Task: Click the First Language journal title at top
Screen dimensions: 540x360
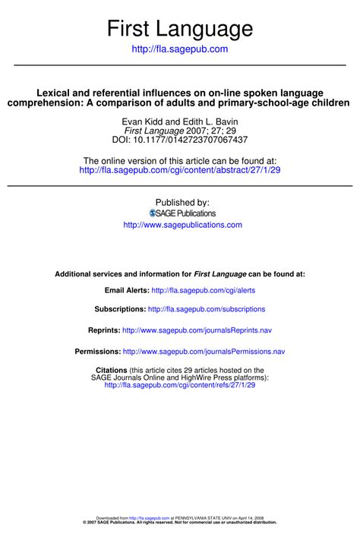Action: (180, 29)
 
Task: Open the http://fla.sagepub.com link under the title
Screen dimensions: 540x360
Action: (180, 49)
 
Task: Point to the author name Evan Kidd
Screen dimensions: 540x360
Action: (141, 122)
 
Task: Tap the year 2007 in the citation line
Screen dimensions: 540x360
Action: (187, 131)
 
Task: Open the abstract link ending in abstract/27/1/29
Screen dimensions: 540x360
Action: (180, 170)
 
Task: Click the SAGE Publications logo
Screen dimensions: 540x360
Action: (180, 213)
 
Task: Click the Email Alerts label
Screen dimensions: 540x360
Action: (126, 290)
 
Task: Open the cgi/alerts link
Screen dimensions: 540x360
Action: (203, 290)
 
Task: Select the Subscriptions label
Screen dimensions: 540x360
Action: (119, 309)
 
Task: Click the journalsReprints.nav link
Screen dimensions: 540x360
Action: (196, 330)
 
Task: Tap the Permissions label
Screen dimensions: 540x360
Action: (97, 352)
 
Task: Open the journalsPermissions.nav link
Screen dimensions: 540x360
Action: (204, 352)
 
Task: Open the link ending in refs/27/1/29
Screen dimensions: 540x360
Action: (180, 385)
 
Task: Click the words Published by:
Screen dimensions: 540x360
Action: (182, 203)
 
